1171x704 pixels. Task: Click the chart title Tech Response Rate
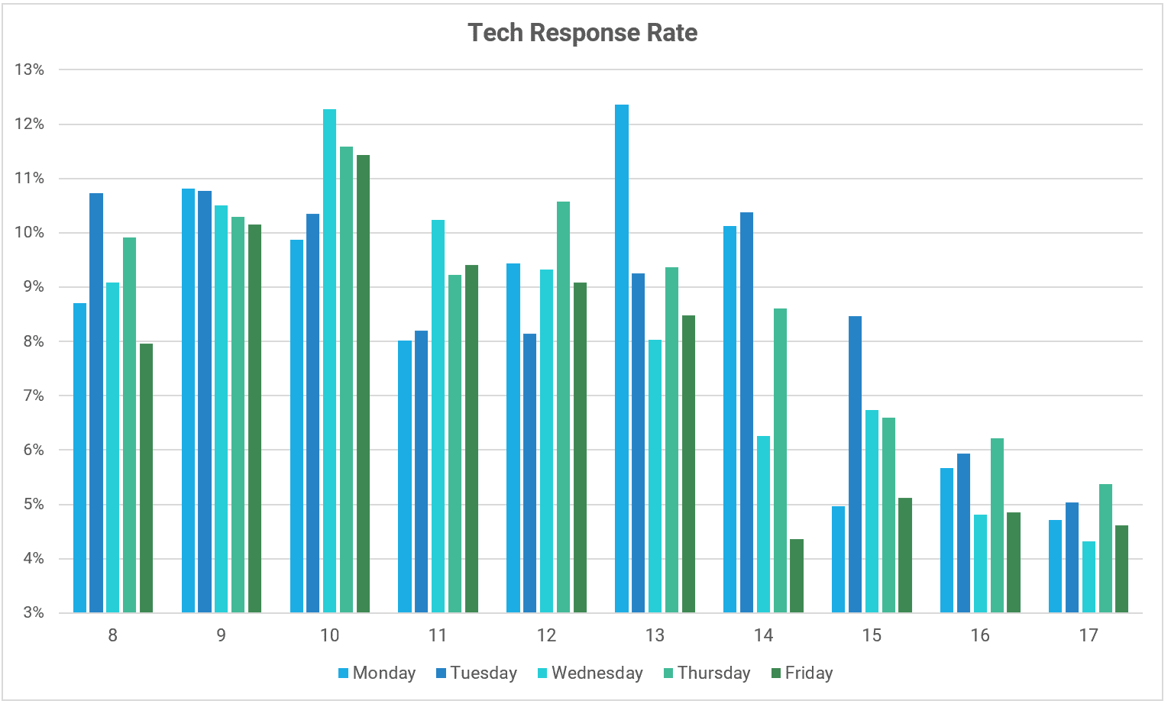(x=582, y=33)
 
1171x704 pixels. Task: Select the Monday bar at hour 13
(x=622, y=359)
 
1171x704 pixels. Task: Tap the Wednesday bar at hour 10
(x=329, y=360)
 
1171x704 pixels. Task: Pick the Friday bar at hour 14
(x=797, y=576)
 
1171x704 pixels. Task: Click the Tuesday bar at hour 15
(x=855, y=464)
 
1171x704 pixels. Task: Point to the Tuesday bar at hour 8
(x=96, y=403)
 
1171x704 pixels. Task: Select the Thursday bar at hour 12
(x=563, y=407)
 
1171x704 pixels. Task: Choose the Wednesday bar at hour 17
(x=1089, y=577)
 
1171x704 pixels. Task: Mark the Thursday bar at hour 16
(x=997, y=525)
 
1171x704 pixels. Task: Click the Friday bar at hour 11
(x=471, y=438)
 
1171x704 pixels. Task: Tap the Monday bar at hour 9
(x=188, y=401)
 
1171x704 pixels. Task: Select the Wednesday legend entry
(x=590, y=673)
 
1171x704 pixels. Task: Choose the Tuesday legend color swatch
(x=441, y=673)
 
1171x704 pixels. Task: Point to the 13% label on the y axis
(x=29, y=69)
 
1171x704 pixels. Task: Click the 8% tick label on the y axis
(x=32, y=341)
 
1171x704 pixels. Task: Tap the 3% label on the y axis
(x=32, y=612)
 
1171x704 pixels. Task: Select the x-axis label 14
(x=763, y=635)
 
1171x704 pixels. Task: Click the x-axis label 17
(x=1089, y=635)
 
